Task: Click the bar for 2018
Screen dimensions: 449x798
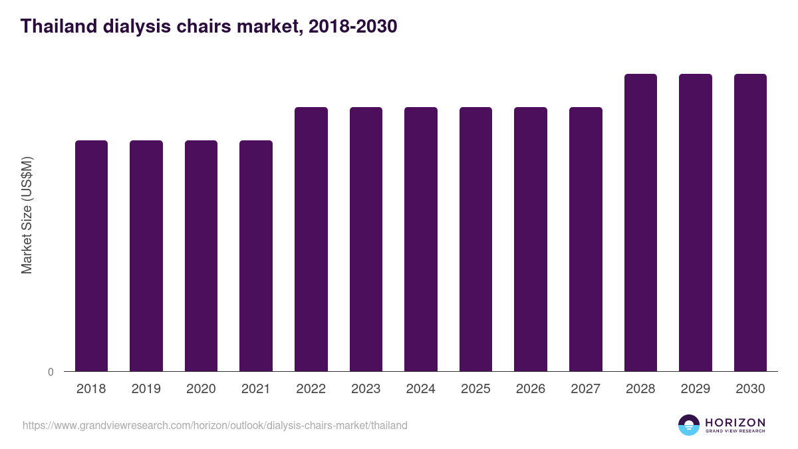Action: tap(91, 256)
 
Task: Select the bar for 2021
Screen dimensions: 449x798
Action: tap(256, 256)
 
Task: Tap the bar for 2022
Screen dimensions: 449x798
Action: tap(311, 239)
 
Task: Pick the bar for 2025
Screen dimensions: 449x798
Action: tap(475, 239)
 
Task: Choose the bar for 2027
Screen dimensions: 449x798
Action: tap(586, 239)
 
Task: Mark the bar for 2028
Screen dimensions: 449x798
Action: tap(640, 223)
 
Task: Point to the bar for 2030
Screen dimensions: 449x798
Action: tap(750, 223)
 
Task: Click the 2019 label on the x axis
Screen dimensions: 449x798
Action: tap(146, 389)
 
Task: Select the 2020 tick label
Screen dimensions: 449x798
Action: tap(201, 389)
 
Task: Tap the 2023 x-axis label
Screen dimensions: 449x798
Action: tap(366, 389)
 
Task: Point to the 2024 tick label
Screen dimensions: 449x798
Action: tap(421, 389)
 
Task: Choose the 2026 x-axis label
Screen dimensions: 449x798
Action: tap(531, 389)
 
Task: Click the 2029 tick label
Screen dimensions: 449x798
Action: tap(696, 389)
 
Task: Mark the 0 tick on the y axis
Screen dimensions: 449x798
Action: tap(51, 373)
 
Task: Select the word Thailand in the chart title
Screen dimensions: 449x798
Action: tap(58, 27)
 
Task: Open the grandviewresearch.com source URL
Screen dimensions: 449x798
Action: tap(215, 425)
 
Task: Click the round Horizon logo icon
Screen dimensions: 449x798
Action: tap(689, 425)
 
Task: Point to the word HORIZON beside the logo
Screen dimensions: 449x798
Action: tap(735, 422)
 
